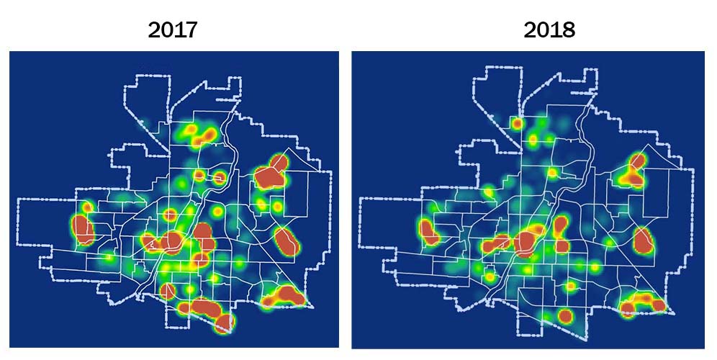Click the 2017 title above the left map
(x=172, y=30)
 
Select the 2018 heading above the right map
(x=550, y=30)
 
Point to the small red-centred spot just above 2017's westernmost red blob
(x=88, y=207)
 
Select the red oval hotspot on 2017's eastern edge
(x=287, y=240)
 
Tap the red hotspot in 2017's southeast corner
(x=286, y=294)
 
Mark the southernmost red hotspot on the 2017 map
(x=225, y=322)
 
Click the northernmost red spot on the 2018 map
(x=517, y=125)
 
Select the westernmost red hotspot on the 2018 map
(x=429, y=232)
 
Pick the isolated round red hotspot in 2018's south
(x=564, y=315)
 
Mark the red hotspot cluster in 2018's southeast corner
(x=643, y=303)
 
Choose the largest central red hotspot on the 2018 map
(x=528, y=241)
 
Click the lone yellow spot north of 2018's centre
(x=552, y=172)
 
